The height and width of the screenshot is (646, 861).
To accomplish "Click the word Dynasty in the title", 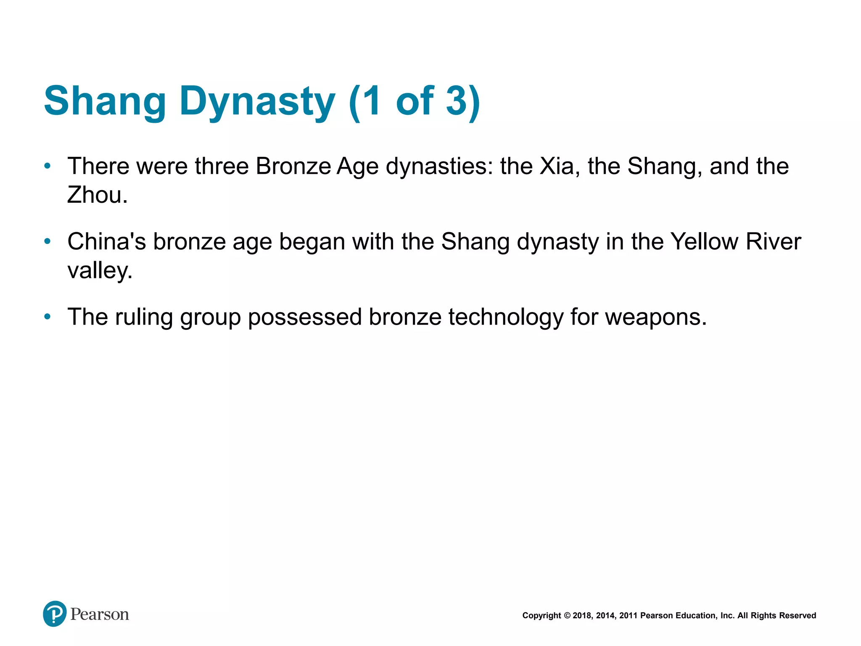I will (x=257, y=101).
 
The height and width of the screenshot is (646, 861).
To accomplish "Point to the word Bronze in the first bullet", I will (x=293, y=166).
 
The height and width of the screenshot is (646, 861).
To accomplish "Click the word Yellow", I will (x=704, y=242).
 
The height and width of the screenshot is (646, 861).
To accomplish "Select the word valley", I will (x=100, y=270).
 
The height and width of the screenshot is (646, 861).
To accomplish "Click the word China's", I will (x=107, y=242).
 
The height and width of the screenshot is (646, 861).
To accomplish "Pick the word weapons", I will (x=655, y=317).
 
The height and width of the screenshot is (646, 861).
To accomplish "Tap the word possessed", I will (x=304, y=317).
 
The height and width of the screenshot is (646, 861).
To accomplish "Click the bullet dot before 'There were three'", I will (x=48, y=166).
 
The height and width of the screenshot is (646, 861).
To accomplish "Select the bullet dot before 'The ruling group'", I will (x=48, y=316).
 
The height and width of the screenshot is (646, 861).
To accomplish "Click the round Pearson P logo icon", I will (x=55, y=614).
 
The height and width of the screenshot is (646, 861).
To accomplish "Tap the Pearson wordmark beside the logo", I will (x=100, y=614).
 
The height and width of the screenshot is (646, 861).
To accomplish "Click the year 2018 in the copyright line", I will (x=581, y=616).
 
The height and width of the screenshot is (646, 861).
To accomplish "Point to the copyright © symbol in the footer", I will (x=567, y=616).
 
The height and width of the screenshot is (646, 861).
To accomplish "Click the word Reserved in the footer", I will (x=798, y=616).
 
